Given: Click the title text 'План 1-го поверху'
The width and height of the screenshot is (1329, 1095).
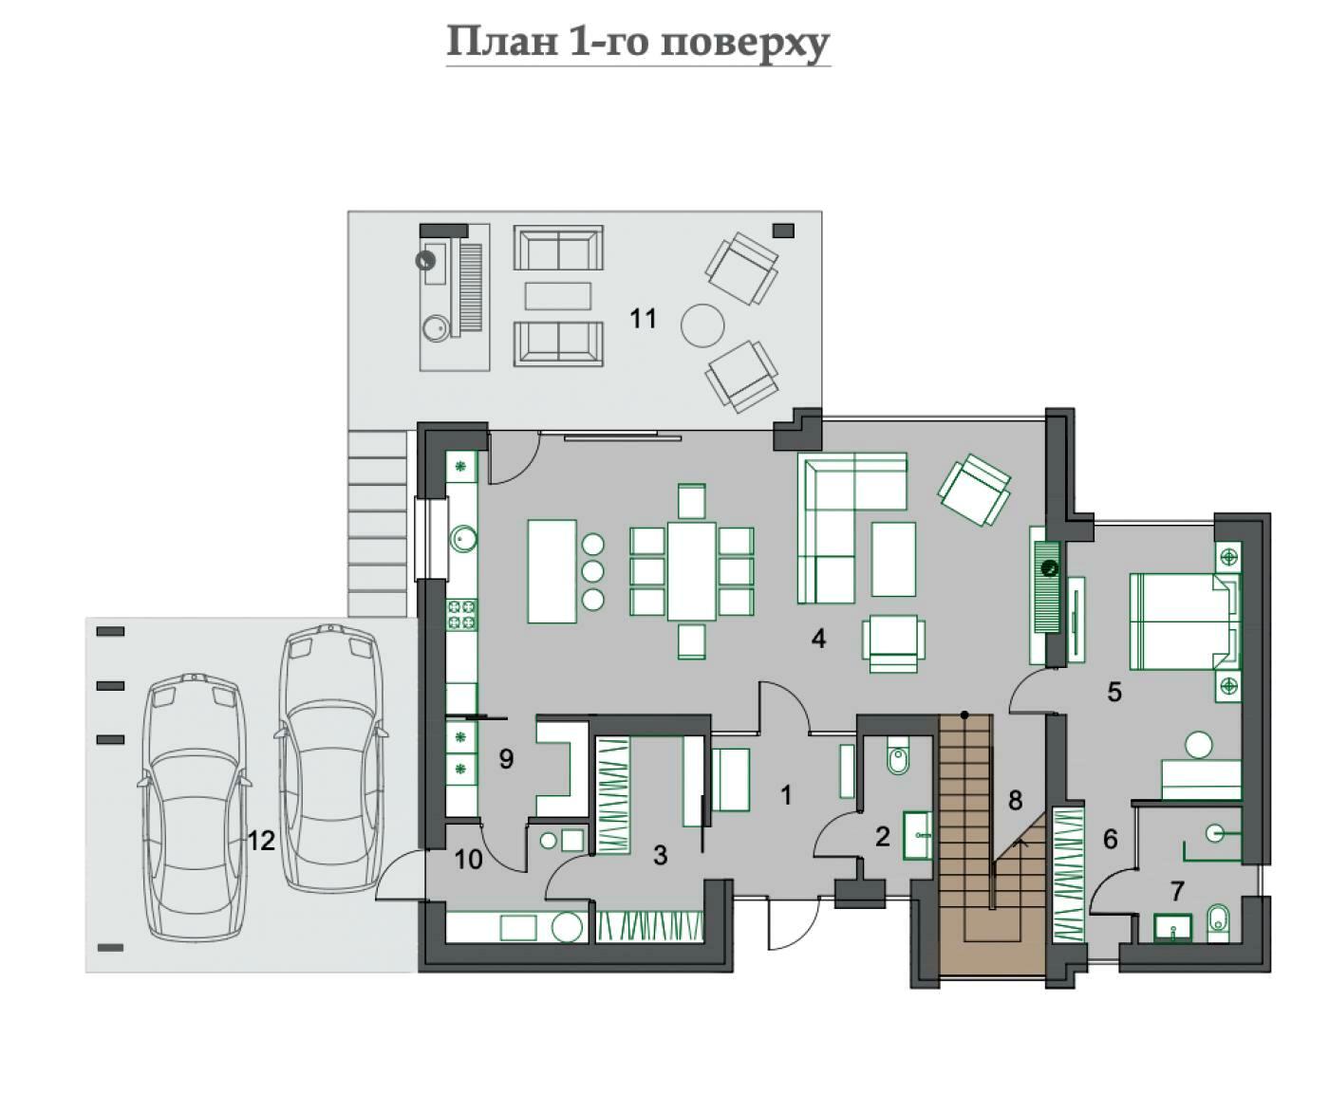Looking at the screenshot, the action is click(638, 43).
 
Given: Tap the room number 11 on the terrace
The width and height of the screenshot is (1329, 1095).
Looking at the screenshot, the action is click(643, 319).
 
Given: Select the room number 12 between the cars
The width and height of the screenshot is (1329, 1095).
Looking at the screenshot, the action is click(261, 841).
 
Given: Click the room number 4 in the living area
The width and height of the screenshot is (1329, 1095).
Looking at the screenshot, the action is click(818, 639).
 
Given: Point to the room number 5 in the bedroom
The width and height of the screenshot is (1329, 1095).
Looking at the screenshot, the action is click(1114, 692).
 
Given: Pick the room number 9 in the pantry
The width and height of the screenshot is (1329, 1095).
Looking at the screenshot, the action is click(507, 758).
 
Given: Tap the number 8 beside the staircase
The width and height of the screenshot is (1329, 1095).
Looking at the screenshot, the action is click(1015, 801).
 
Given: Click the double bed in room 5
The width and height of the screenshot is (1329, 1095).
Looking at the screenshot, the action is click(1185, 622).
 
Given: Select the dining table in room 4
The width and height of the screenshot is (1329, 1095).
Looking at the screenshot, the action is click(692, 570).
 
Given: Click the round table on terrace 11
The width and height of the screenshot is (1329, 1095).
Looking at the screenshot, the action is click(702, 325).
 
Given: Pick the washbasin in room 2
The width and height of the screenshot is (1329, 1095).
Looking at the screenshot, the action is click(917, 835).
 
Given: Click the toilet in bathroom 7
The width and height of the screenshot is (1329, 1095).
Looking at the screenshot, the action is click(1219, 923).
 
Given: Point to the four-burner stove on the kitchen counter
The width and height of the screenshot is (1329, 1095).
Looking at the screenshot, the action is click(462, 614).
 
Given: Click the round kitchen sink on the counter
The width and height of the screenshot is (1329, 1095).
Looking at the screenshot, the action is click(463, 540).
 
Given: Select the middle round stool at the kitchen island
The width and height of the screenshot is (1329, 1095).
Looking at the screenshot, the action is click(592, 570).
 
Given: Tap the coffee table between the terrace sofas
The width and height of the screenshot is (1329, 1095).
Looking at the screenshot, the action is click(557, 296).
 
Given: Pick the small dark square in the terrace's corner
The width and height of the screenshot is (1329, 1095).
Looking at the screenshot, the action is click(783, 231).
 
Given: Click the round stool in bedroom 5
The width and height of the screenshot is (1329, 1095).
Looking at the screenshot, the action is click(1199, 745).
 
